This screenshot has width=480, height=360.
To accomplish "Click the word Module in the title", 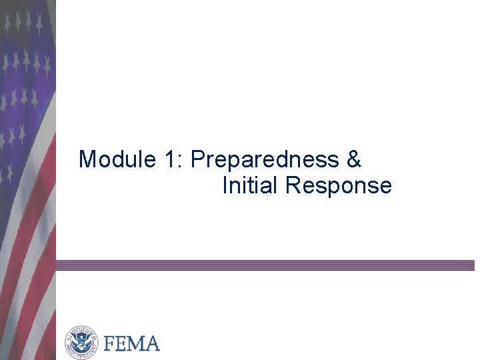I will [x=117, y=160].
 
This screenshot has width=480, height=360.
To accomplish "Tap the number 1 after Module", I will [x=168, y=160].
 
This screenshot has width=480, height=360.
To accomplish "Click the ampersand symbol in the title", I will [x=354, y=160].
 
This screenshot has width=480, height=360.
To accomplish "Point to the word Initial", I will [x=250, y=185].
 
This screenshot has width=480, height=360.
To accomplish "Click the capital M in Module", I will [x=87, y=160].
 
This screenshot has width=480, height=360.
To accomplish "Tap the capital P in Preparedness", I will [x=197, y=160].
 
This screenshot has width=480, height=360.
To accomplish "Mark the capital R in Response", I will [x=293, y=185].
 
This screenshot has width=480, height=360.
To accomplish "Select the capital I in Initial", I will [x=225, y=185].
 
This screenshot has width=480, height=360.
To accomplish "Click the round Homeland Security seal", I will [x=81, y=343].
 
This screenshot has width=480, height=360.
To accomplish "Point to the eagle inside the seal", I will [x=81, y=343].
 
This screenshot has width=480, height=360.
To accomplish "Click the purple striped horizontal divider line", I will [x=267, y=265].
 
